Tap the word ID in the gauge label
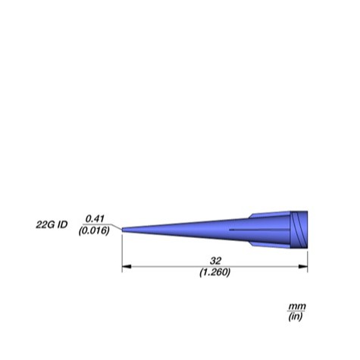(62, 224)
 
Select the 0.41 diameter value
(95, 219)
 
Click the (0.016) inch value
(94, 230)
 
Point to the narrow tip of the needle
(123, 230)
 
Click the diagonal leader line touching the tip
(117, 227)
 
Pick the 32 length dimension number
(215, 261)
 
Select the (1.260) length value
(215, 272)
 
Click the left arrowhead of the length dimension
(127, 267)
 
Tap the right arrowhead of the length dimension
(303, 267)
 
